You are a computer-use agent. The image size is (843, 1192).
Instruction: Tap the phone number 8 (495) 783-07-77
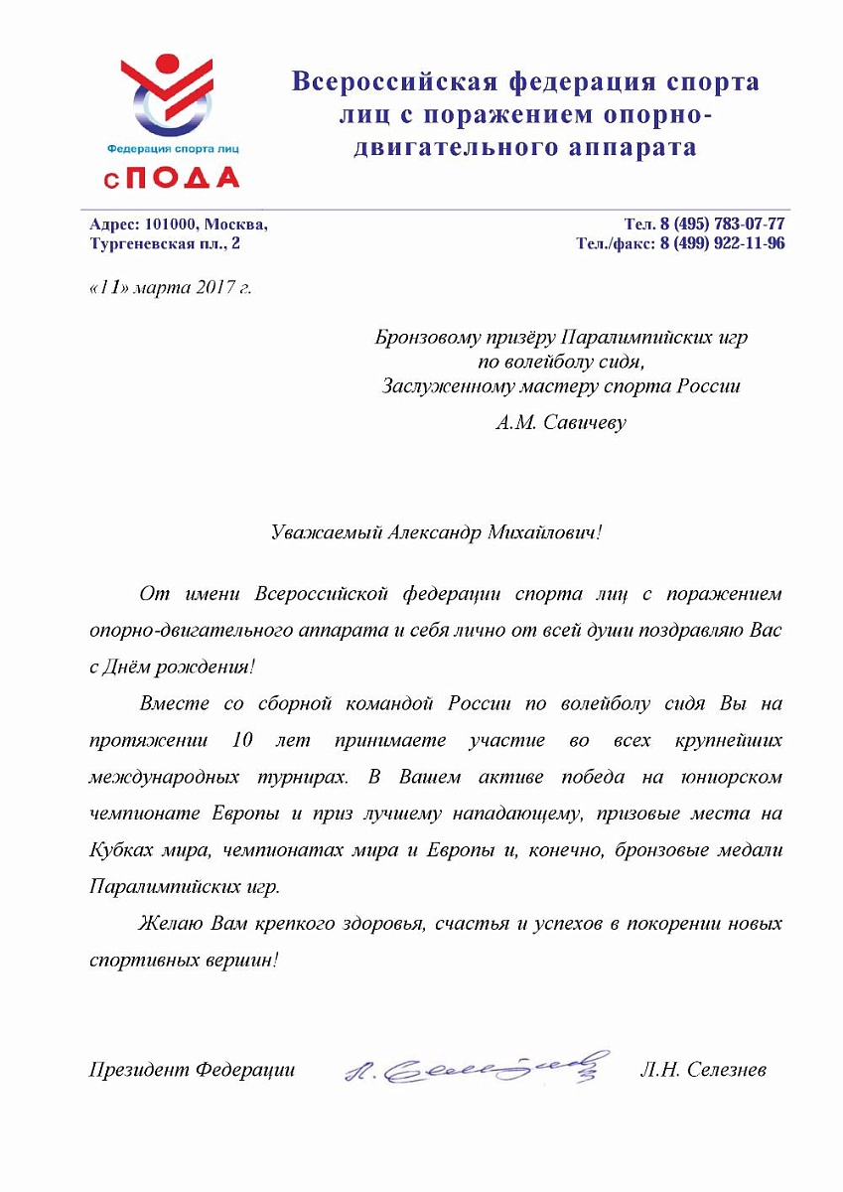(722, 224)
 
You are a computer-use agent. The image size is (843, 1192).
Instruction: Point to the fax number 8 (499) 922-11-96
(722, 243)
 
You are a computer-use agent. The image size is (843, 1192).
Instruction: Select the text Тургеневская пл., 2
(165, 243)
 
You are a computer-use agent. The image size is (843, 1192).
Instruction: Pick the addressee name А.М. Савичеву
(561, 422)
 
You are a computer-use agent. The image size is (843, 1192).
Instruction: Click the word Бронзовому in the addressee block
(432, 338)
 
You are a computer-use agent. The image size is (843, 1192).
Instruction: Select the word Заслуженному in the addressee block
(448, 385)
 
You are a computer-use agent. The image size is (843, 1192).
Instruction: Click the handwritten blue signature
(474, 1067)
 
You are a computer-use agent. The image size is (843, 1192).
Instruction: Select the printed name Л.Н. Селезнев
(704, 1070)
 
